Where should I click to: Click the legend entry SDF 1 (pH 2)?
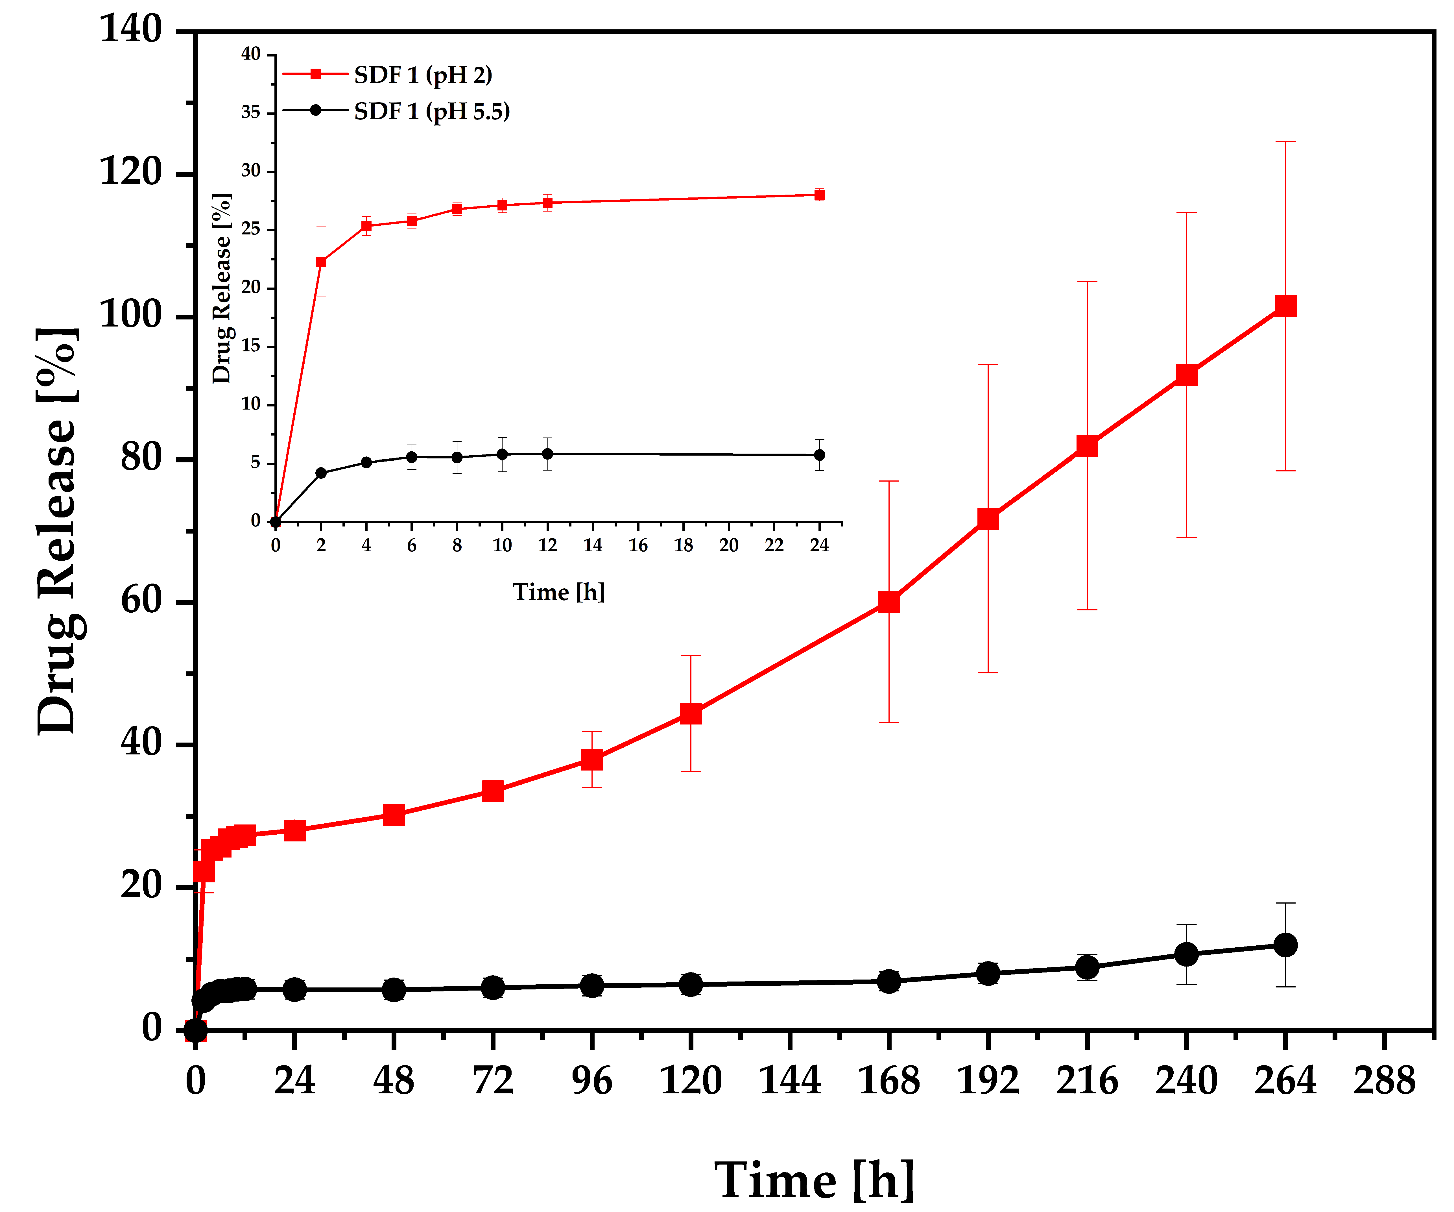coord(422,75)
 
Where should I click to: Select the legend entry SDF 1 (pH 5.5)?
coord(431,112)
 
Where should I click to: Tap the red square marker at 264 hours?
coord(1285,306)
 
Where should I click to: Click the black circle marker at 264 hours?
coord(1285,945)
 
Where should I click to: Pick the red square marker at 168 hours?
coord(889,602)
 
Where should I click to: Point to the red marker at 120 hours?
coord(691,713)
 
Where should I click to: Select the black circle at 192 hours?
coord(988,973)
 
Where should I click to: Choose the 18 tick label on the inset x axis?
coord(683,546)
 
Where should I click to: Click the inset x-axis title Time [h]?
coord(559,592)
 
